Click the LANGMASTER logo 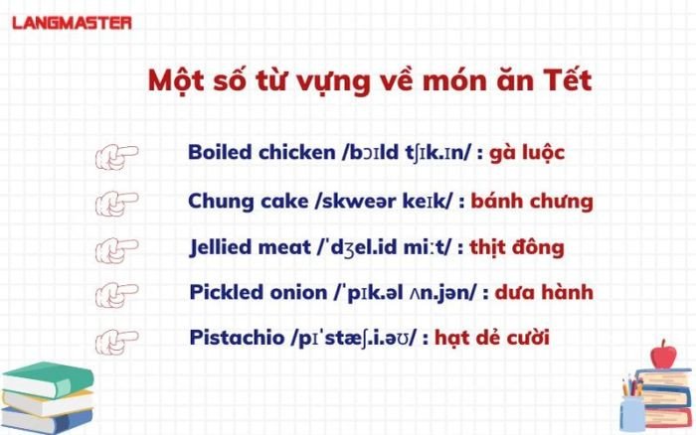(71, 23)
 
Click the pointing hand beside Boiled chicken (116, 156)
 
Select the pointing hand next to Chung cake (116, 204)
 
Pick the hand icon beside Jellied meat (116, 249)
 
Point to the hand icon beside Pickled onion (116, 295)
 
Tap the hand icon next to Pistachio (116, 341)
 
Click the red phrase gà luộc (526, 153)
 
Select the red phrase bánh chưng (532, 201)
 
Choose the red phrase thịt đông (517, 246)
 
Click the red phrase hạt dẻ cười (492, 338)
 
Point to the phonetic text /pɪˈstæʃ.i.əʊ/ (357, 338)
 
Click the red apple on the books (659, 353)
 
